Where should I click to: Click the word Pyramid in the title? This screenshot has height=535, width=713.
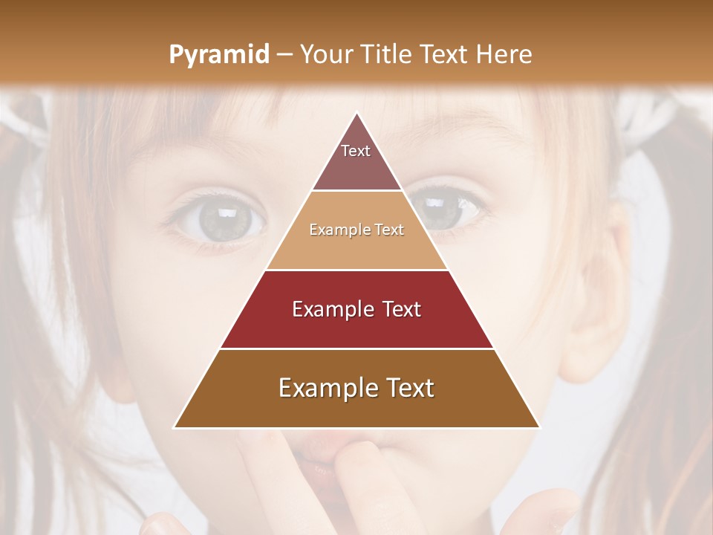tap(218, 55)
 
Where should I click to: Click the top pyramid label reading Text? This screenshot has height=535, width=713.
tap(356, 151)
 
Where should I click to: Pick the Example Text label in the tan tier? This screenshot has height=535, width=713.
tap(356, 230)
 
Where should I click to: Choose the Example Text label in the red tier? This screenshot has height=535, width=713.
tap(356, 309)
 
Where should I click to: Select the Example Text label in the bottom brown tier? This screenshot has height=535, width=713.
tap(356, 388)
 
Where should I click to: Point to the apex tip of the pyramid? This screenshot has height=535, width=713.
tap(357, 114)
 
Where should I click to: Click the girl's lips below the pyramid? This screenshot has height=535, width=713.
tap(312, 457)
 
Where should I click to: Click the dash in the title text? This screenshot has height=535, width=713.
tap(284, 55)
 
